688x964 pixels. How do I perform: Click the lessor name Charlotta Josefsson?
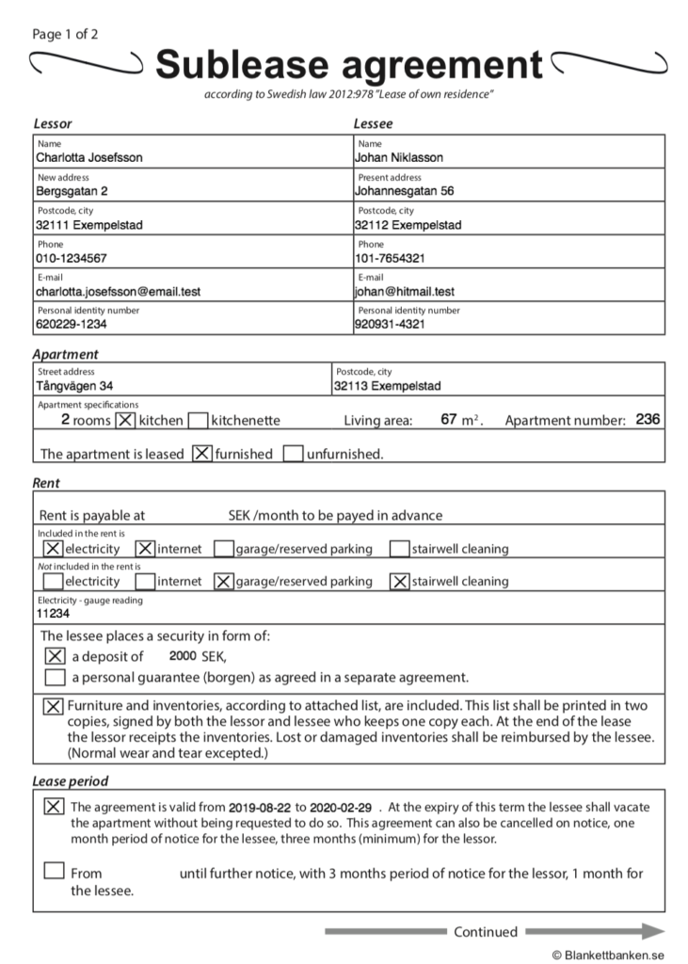pyautogui.click(x=89, y=158)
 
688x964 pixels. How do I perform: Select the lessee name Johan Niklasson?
pyautogui.click(x=399, y=158)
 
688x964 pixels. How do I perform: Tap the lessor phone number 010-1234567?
pyautogui.click(x=72, y=258)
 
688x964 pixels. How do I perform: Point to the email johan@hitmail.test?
pyautogui.click(x=405, y=292)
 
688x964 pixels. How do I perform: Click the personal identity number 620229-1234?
pyautogui.click(x=72, y=325)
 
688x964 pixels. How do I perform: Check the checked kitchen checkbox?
pyautogui.click(x=125, y=420)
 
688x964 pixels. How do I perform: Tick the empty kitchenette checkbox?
pyautogui.click(x=198, y=420)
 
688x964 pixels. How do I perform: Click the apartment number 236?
pyautogui.click(x=648, y=420)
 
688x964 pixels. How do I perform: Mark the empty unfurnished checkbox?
pyautogui.click(x=293, y=454)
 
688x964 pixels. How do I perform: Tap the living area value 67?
pyautogui.click(x=449, y=420)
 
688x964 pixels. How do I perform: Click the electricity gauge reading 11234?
pyautogui.click(x=54, y=613)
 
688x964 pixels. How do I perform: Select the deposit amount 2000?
pyautogui.click(x=183, y=655)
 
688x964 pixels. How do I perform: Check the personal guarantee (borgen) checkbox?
pyautogui.click(x=55, y=678)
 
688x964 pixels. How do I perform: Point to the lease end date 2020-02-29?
pyautogui.click(x=341, y=808)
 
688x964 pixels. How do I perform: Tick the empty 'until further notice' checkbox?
pyautogui.click(x=55, y=871)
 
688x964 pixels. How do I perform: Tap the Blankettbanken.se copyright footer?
pyautogui.click(x=609, y=954)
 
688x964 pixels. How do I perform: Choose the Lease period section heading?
pyautogui.click(x=71, y=781)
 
